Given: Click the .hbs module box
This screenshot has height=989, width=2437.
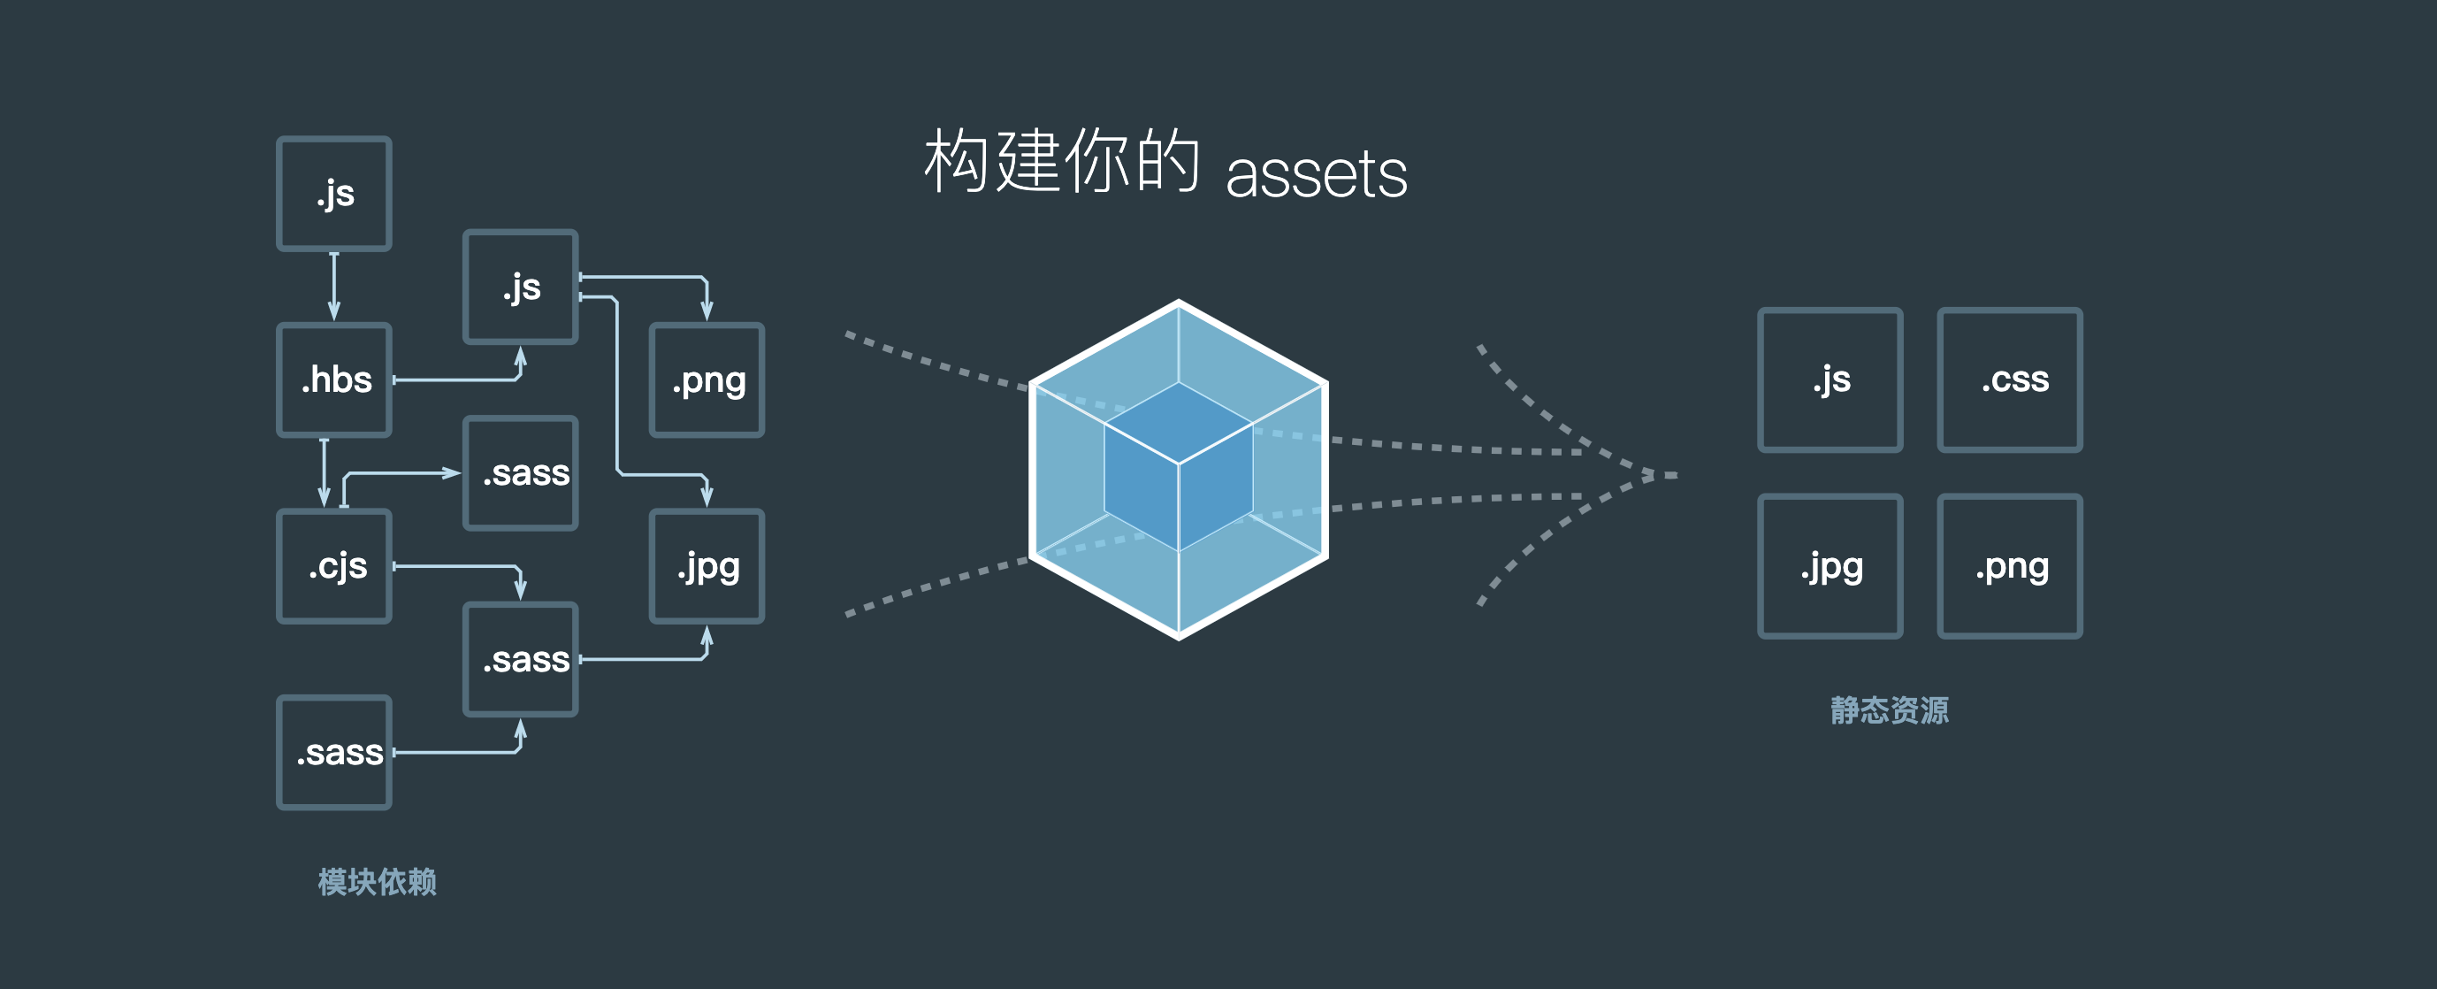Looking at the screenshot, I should (x=334, y=379).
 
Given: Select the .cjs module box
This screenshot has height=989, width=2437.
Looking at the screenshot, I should (x=334, y=566).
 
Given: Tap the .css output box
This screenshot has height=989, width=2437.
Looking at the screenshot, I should (x=2009, y=379).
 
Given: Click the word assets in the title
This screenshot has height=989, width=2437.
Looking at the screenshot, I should (x=1316, y=174).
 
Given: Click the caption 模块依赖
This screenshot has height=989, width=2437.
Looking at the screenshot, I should (x=377, y=882).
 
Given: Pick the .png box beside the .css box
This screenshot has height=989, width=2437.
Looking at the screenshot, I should (x=2009, y=566).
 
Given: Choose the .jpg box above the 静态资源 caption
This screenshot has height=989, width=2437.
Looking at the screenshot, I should (x=1830, y=566).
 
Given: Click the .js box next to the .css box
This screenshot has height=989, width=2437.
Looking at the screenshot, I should (x=1830, y=379).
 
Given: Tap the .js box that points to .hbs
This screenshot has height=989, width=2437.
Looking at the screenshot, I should (x=334, y=193).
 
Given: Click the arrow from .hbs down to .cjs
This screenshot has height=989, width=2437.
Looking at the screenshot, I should (x=325, y=472).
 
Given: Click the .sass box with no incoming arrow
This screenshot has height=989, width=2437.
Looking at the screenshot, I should (x=334, y=753).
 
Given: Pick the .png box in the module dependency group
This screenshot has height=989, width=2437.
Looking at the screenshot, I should (x=707, y=379).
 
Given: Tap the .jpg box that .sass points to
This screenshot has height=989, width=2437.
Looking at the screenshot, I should (x=707, y=566).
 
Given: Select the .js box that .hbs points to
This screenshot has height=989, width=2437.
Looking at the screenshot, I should (x=520, y=286).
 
